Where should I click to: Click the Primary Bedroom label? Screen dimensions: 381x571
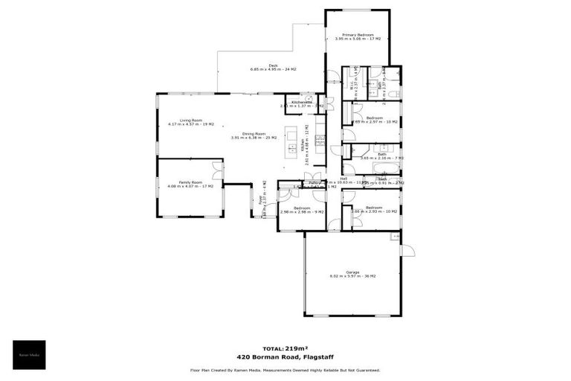coord(358,35)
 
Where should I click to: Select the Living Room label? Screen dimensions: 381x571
coord(185,120)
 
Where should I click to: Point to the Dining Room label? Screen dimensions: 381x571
coord(254,134)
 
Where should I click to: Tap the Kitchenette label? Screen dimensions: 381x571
coord(301,103)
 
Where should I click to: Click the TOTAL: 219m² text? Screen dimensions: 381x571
coord(285,348)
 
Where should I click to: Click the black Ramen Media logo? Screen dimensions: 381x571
coord(29,355)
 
